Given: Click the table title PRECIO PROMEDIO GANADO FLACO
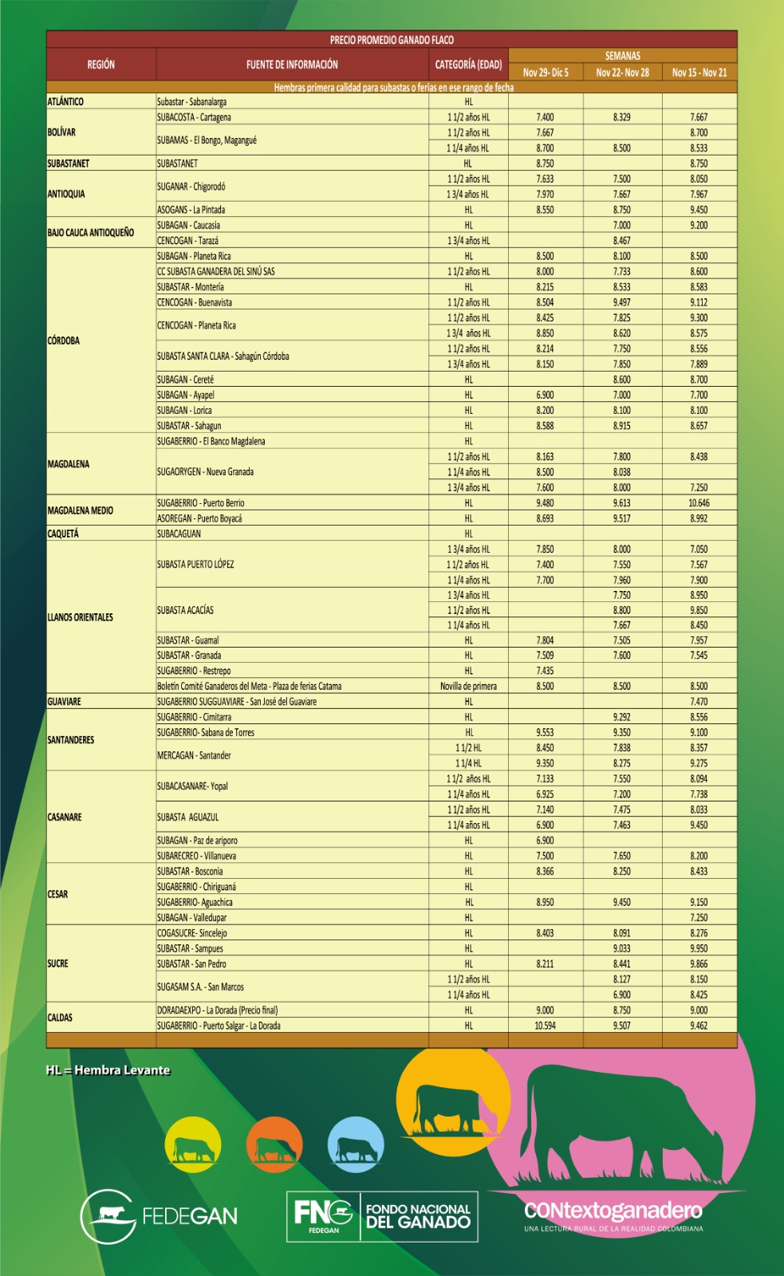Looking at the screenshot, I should (x=392, y=40).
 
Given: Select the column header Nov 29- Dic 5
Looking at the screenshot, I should (x=546, y=73).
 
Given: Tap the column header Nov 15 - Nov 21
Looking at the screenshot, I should (x=699, y=73).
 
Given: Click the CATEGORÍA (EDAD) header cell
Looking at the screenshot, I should (x=468, y=65).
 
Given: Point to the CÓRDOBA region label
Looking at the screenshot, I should (x=64, y=341).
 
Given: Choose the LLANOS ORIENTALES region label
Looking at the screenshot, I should (x=81, y=617).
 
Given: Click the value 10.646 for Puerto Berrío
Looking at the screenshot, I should (x=699, y=503).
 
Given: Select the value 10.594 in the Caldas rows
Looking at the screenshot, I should (x=545, y=1026).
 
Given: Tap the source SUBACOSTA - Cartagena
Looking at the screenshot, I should (x=194, y=117).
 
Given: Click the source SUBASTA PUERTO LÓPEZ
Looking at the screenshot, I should (x=195, y=565).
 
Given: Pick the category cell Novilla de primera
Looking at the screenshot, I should (x=468, y=686).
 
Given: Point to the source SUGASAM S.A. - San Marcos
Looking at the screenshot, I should (x=200, y=987).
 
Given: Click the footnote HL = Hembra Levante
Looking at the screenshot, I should (x=108, y=1070).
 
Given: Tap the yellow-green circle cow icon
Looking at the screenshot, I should (x=193, y=1145).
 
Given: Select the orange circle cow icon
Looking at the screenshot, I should (x=274, y=1145).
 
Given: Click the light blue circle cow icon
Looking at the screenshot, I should (x=356, y=1145).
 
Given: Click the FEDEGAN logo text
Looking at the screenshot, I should (x=189, y=1216).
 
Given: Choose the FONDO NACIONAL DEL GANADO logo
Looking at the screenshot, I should (x=382, y=1216).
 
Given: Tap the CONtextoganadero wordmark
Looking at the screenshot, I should (x=613, y=1211).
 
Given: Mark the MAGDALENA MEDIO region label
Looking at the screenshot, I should (x=81, y=510).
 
